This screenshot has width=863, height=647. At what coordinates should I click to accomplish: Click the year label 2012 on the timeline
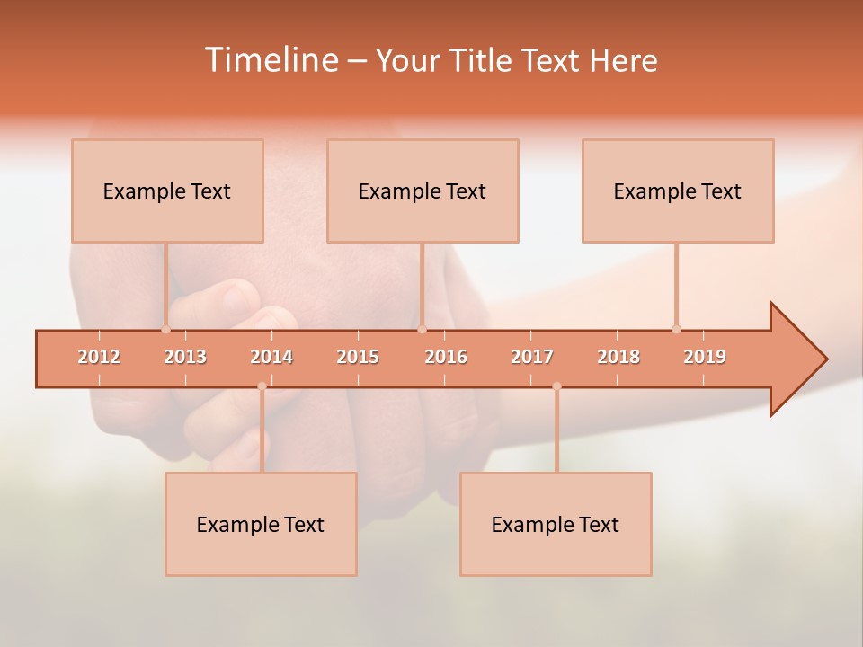[99, 357]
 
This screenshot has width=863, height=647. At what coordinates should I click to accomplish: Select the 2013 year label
[185, 357]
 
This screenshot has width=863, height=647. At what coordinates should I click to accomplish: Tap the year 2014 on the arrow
[271, 357]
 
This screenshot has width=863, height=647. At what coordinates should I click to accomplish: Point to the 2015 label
[358, 357]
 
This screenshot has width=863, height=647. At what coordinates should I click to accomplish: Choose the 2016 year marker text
[446, 357]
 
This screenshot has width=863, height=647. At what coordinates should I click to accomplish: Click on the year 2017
[532, 357]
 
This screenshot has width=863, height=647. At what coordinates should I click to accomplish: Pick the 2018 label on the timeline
[618, 357]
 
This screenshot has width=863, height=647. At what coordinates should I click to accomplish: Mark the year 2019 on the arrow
[705, 357]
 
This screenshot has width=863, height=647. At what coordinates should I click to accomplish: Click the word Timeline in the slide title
[270, 60]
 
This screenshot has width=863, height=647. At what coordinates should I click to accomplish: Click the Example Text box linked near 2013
[167, 191]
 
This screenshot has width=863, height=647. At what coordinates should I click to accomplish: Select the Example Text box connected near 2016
[423, 191]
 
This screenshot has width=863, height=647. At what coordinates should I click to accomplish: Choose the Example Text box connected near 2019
[678, 191]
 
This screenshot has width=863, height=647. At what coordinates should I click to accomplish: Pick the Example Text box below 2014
[261, 524]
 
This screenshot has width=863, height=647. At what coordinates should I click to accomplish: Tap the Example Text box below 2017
[556, 524]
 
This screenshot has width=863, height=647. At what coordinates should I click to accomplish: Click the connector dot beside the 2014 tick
[262, 386]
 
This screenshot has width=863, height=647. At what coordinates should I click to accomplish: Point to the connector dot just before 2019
[677, 329]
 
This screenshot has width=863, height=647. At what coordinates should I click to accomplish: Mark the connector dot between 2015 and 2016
[422, 329]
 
